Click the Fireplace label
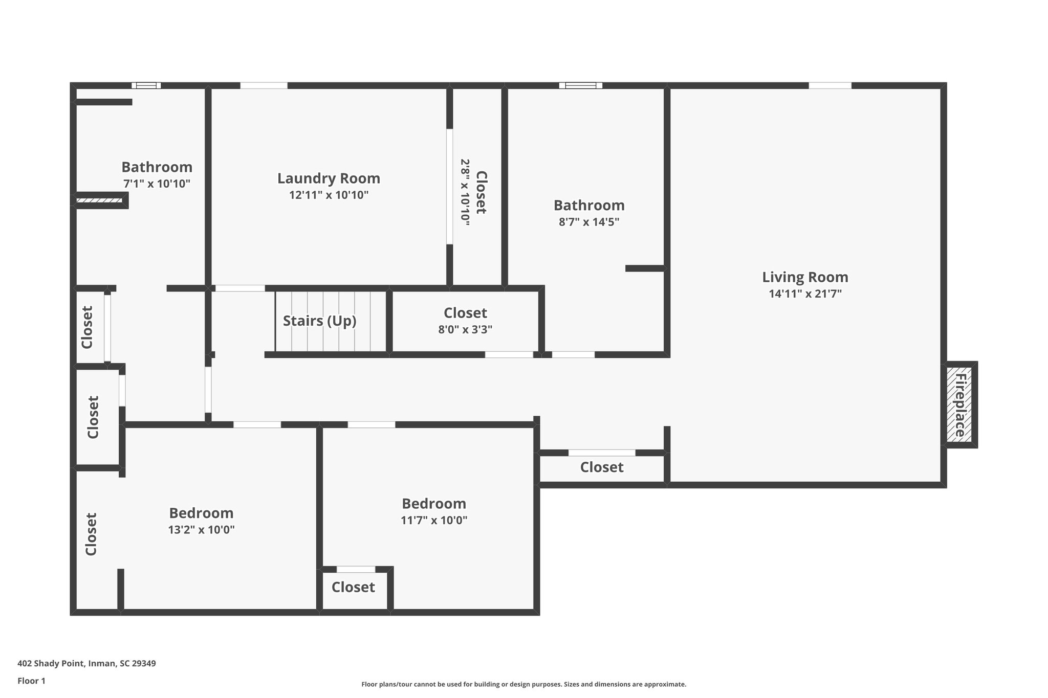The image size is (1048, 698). click(960, 405)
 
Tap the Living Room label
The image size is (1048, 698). click(805, 277)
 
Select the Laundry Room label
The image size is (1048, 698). click(329, 178)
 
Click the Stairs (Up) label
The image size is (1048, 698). click(319, 321)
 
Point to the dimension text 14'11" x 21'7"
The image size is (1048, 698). click(805, 294)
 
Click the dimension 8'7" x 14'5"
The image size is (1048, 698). click(589, 222)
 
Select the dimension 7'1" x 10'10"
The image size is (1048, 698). click(157, 184)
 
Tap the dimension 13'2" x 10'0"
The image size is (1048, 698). click(201, 530)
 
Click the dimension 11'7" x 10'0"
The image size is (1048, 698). click(433, 521)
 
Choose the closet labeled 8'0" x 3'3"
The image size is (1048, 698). click(465, 313)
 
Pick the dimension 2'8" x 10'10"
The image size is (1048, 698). click(465, 192)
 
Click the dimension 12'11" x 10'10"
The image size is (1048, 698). click(329, 195)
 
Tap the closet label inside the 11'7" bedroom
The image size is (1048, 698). click(353, 587)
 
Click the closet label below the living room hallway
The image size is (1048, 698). click(602, 467)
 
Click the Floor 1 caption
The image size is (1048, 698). click(31, 681)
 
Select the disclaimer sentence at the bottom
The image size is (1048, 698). click(523, 684)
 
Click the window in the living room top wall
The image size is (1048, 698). click(829, 85)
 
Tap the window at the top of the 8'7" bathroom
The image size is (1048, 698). click(580, 85)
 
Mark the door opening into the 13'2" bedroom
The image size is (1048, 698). click(257, 424)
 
